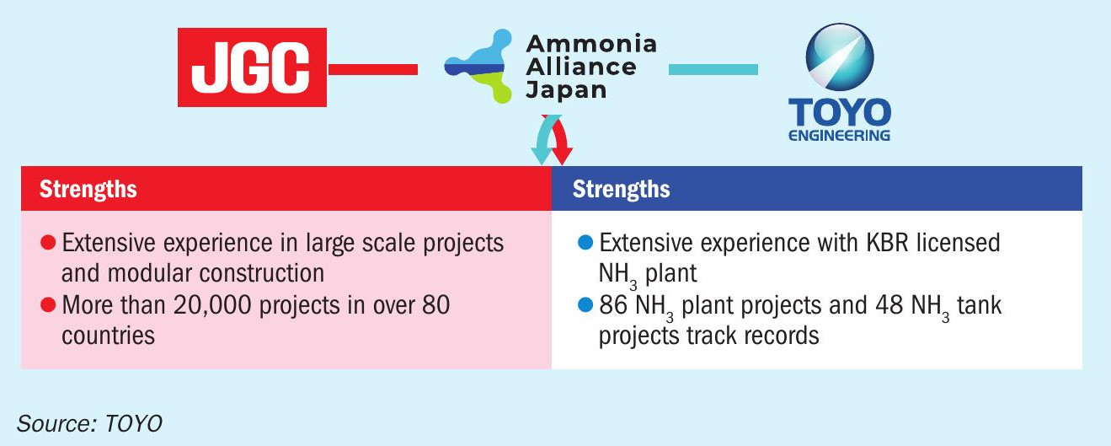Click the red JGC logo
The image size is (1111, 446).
252,67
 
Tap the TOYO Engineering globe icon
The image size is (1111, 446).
840,56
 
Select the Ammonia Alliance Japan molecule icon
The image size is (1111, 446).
478,66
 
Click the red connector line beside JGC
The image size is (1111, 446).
373,69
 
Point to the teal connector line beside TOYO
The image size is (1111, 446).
713,69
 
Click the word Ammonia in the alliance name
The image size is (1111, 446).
591,44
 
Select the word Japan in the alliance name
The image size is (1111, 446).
566,90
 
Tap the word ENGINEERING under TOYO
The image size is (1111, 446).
839,135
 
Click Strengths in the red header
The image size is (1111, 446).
88,189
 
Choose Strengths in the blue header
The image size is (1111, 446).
621,189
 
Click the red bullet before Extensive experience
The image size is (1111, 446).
48,243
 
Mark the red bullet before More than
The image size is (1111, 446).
48,305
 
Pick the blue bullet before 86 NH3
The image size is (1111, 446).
585,305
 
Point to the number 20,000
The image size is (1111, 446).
212,305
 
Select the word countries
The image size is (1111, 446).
108,336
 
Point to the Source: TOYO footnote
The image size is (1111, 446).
89,423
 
